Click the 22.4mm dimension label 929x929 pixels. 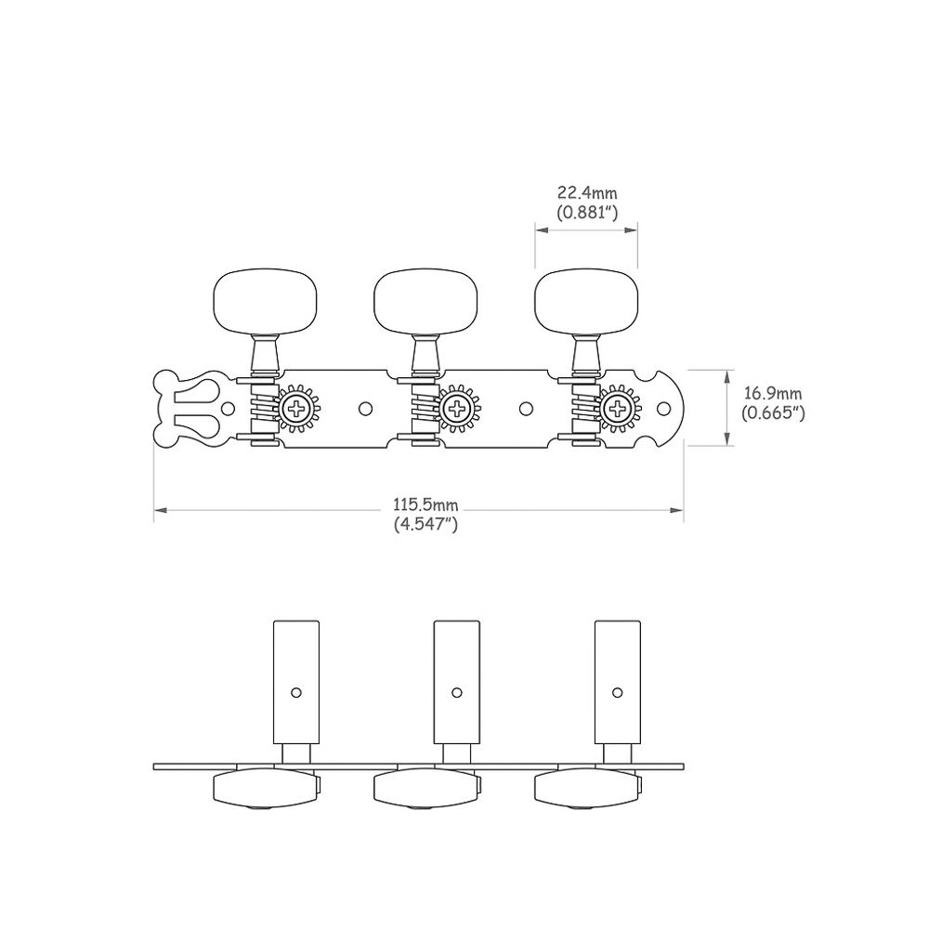587,193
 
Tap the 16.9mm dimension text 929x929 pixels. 773,396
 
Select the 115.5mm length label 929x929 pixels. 426,504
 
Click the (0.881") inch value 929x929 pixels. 587,212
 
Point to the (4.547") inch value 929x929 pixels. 426,523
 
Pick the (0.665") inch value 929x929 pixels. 773,414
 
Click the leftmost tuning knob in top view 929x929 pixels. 255,300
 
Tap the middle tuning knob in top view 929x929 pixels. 414,300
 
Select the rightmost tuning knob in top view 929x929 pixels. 576,300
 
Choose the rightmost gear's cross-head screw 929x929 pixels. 617,408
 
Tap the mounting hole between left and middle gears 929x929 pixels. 365,408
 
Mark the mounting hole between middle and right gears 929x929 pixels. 526,408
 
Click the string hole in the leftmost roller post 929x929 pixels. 296,692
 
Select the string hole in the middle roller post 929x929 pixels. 457,692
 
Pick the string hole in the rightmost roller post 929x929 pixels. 617,692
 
